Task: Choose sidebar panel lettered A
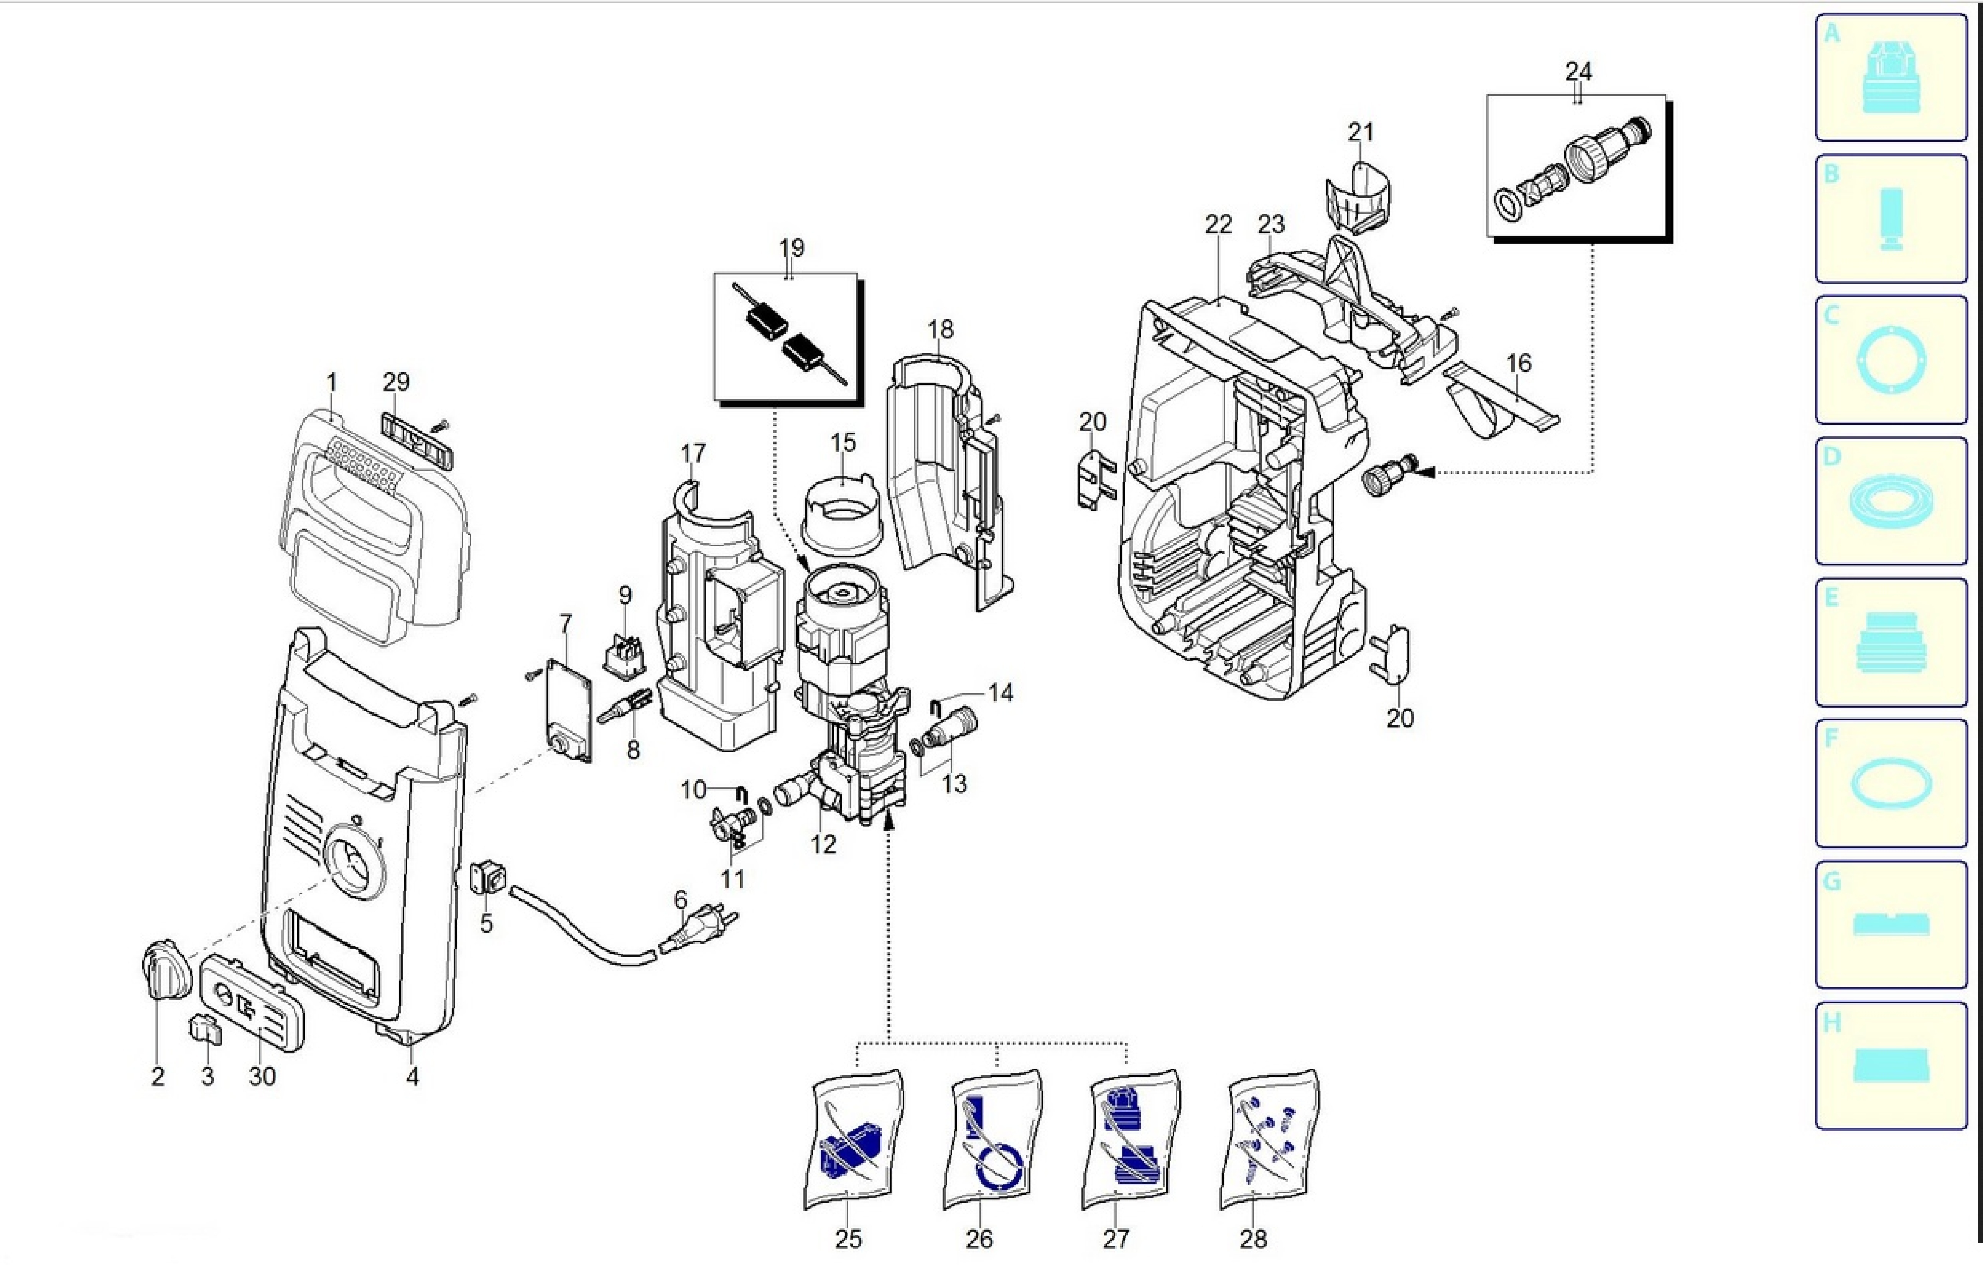(1891, 78)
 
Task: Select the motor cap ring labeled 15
(840, 514)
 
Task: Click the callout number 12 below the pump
(823, 844)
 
